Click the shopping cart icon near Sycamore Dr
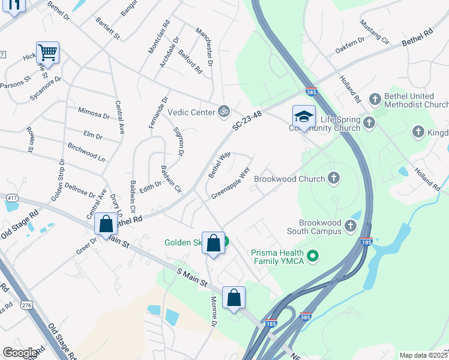[47, 52]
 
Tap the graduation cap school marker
[304, 116]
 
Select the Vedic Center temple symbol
[224, 111]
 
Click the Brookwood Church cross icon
[334, 178]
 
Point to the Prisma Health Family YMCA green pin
[312, 257]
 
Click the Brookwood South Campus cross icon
[351, 227]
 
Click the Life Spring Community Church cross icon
[369, 123]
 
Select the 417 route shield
[11, 197]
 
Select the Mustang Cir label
[375, 32]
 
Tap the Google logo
[20, 353]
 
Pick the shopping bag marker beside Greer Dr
[106, 224]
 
